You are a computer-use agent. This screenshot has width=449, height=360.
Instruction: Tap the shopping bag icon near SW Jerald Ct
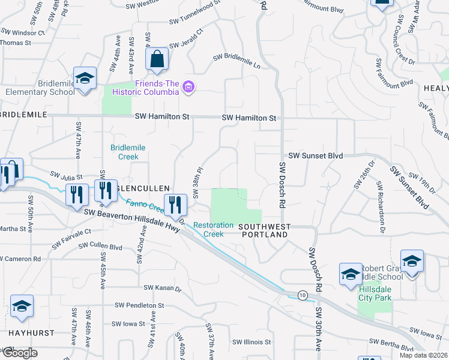[x=157, y=59]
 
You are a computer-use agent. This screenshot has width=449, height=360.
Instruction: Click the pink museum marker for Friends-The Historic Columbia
[x=188, y=88]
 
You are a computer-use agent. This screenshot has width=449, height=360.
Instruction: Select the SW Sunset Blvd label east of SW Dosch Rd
[x=315, y=155]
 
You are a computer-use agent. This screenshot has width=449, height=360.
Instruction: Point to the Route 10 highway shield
[x=303, y=295]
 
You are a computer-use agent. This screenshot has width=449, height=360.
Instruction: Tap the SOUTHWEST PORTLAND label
[x=265, y=230]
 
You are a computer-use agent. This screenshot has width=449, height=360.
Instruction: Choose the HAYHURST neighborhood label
[x=31, y=332]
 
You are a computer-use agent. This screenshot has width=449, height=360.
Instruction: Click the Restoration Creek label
[x=213, y=229]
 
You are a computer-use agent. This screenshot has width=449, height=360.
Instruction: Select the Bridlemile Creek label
[x=124, y=152]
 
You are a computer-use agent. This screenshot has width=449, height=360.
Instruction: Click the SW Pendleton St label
[x=140, y=305]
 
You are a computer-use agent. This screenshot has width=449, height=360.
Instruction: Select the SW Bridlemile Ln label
[x=238, y=60]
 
